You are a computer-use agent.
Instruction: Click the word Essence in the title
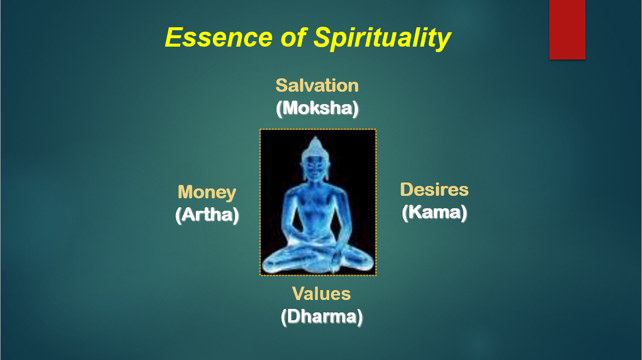tap(219, 37)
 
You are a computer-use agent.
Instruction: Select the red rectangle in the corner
tap(567, 30)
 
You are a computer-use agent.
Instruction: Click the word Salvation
tap(317, 85)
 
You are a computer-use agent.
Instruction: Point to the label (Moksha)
tap(317, 108)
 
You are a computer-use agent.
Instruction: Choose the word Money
tap(207, 192)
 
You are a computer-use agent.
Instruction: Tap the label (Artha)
tap(207, 215)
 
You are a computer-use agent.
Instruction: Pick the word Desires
tap(434, 189)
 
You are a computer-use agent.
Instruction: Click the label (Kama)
tap(434, 212)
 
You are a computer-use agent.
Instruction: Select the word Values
tap(321, 294)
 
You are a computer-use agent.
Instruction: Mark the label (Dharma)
tap(322, 316)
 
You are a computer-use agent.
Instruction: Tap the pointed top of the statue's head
tap(316, 137)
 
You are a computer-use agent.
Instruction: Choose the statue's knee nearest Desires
tap(364, 261)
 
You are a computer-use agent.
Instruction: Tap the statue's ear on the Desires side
tap(327, 170)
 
